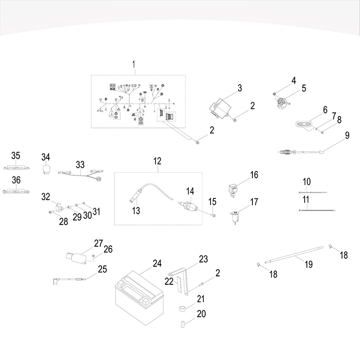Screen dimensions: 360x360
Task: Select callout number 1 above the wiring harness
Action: pyautogui.click(x=134, y=65)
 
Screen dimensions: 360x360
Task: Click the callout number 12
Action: pyautogui.click(x=157, y=161)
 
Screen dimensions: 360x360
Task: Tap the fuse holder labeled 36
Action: pyautogui.click(x=16, y=191)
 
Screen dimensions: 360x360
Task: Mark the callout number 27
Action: pyautogui.click(x=99, y=243)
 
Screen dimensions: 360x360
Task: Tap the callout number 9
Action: pyautogui.click(x=347, y=135)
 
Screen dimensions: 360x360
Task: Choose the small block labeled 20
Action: pyautogui.click(x=183, y=323)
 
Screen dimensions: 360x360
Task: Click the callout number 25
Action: pyautogui.click(x=103, y=270)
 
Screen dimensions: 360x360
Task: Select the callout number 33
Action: pyautogui.click(x=80, y=165)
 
